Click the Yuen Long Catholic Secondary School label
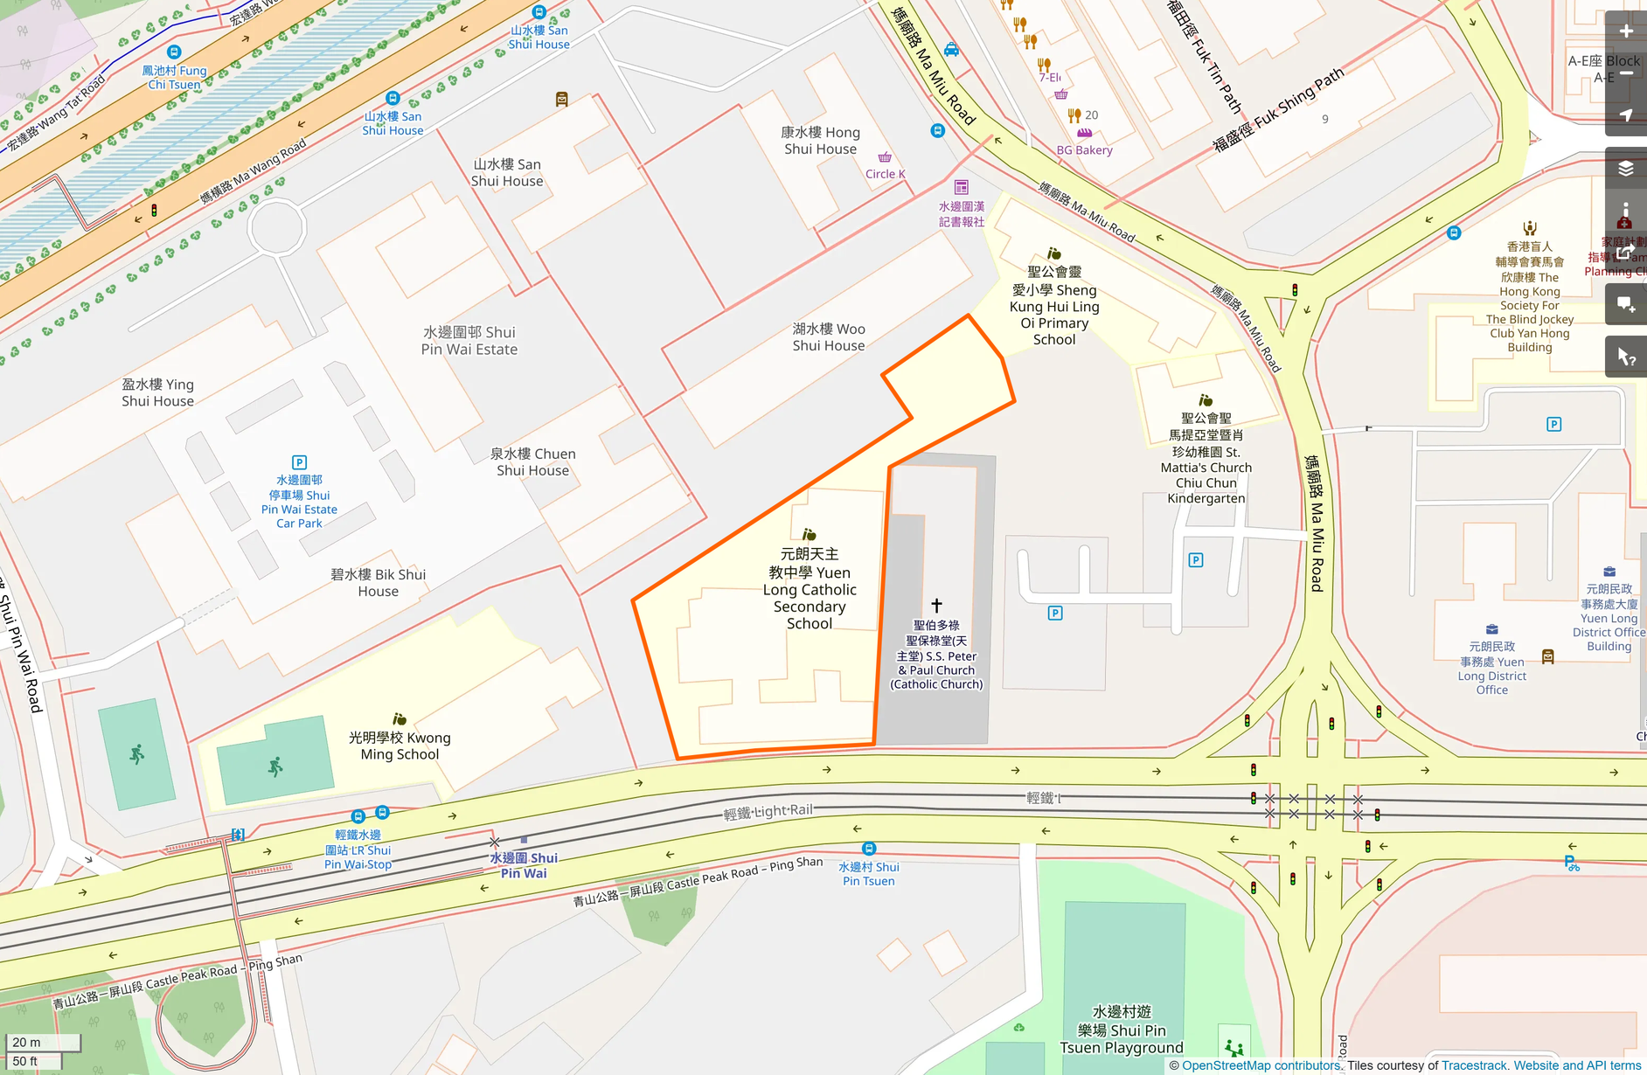tap(810, 588)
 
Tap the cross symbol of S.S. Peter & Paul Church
tap(936, 605)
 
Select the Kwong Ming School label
tap(400, 746)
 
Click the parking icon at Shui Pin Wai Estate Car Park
tap(299, 462)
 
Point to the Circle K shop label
tap(885, 173)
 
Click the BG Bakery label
tap(1084, 149)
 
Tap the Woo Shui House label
tap(828, 337)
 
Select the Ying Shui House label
tap(157, 392)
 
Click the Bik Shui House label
tap(378, 583)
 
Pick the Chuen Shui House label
tap(532, 461)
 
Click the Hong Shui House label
tap(820, 141)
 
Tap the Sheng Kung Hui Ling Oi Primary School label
tap(1054, 306)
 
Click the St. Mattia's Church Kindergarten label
tap(1206, 458)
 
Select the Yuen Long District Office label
tap(1491, 668)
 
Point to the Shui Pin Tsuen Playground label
tap(1122, 1030)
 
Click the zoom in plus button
tap(1625, 31)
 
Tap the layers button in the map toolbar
tap(1625, 169)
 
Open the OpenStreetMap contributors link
tap(1260, 1065)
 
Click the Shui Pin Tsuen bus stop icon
tap(868, 849)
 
